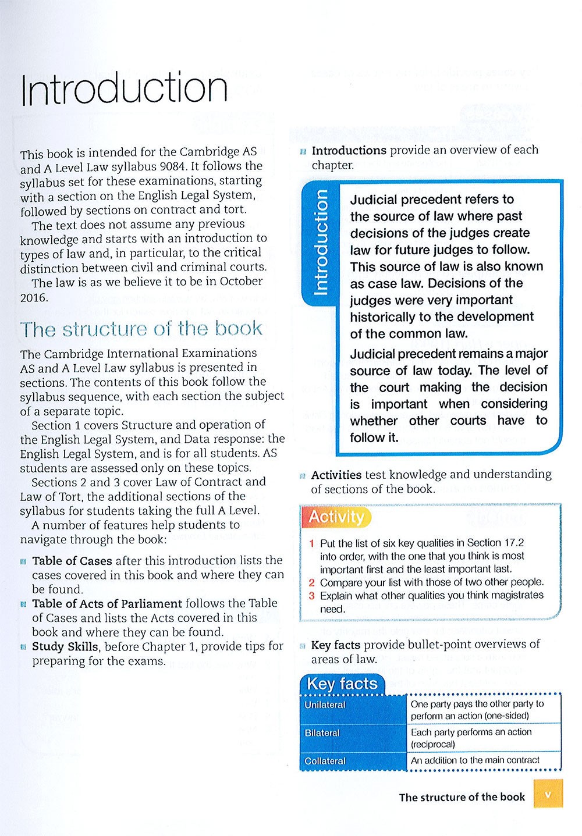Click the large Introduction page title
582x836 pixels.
(x=123, y=89)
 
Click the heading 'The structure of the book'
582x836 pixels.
(x=141, y=329)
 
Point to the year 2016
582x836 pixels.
(x=33, y=297)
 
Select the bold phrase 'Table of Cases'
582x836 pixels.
(x=72, y=560)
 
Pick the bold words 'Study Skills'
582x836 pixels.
(x=65, y=646)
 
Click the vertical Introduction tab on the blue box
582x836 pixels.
(x=321, y=242)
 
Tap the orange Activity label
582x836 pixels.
(x=336, y=517)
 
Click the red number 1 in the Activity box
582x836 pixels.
(x=312, y=543)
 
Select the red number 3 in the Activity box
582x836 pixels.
(x=312, y=596)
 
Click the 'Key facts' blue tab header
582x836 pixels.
(x=342, y=684)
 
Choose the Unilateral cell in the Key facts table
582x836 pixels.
(x=325, y=705)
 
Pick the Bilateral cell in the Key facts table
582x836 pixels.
(x=322, y=733)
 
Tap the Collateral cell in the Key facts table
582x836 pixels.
(x=325, y=761)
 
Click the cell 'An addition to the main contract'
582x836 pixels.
(x=475, y=760)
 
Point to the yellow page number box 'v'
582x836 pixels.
(x=548, y=794)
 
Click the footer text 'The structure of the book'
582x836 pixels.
(x=462, y=797)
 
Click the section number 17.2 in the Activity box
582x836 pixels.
(x=514, y=543)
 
